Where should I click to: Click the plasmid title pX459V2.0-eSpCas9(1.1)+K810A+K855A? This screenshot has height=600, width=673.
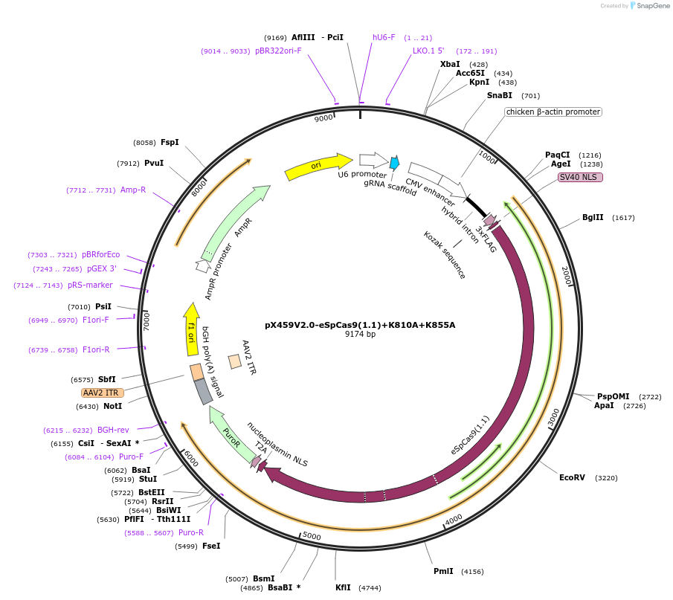click(x=360, y=325)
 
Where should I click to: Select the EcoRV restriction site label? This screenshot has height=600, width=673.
click(x=572, y=477)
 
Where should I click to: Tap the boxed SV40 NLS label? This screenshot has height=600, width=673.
click(x=580, y=177)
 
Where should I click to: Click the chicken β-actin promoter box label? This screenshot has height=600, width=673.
click(x=553, y=112)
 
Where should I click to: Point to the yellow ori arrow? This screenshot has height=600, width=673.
click(x=318, y=166)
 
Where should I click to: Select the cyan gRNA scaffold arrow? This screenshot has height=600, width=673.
click(x=394, y=163)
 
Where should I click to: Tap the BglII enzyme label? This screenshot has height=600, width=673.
click(x=593, y=218)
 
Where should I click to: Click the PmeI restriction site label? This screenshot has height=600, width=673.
click(x=443, y=571)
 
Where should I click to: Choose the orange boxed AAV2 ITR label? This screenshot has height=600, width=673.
click(x=102, y=393)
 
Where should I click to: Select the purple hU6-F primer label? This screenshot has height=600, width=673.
click(x=384, y=37)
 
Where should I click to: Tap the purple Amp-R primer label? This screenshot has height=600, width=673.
click(x=133, y=190)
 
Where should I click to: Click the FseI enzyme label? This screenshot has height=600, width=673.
click(x=211, y=546)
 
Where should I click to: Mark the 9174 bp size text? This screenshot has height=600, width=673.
click(x=360, y=335)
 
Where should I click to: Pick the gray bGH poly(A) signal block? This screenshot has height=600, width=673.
click(x=203, y=391)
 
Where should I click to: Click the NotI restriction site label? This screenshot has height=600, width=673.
click(x=112, y=406)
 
